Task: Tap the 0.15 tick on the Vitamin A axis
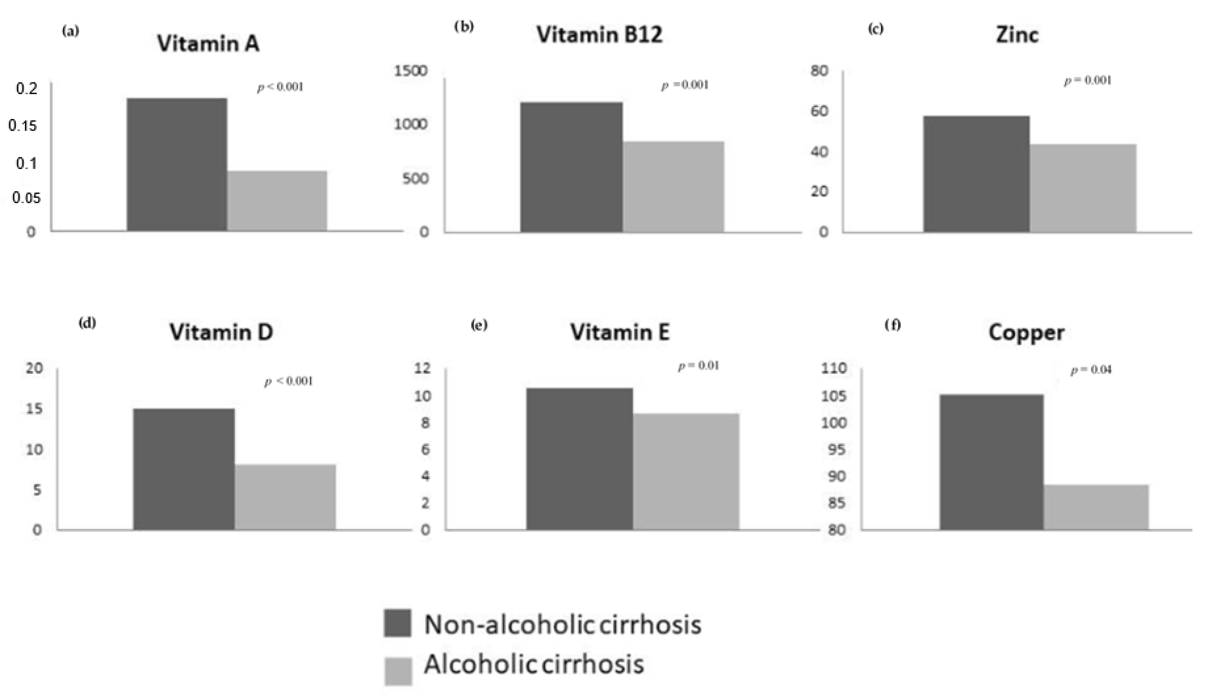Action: point(23,126)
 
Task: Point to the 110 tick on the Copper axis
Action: point(834,368)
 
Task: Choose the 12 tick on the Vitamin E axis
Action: point(423,368)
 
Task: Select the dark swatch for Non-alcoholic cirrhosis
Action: point(397,623)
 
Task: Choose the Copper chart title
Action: point(1026,333)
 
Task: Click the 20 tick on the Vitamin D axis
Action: point(35,368)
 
